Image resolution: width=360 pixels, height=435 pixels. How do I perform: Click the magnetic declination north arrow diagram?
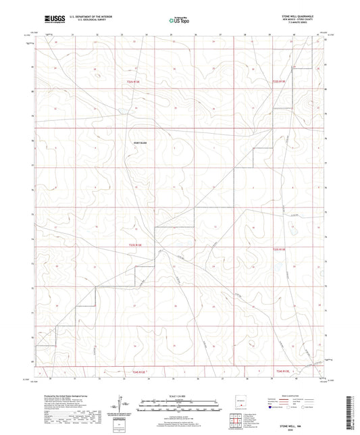pos(122,404)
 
